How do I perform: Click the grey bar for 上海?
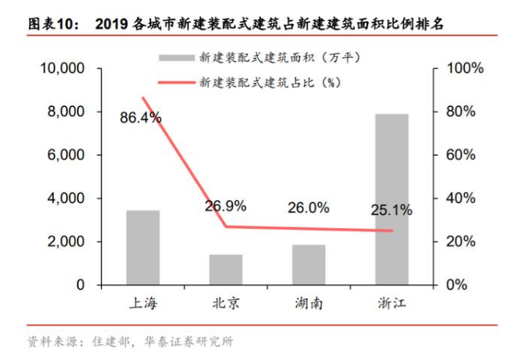(143, 247)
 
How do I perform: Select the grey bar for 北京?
(226, 269)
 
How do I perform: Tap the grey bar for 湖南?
(309, 264)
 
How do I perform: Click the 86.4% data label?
(141, 118)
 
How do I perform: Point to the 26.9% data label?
(226, 206)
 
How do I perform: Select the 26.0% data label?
(308, 207)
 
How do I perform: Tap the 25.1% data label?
(392, 211)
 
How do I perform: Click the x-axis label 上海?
(143, 304)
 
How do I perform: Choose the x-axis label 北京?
(226, 304)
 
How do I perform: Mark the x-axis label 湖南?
(309, 304)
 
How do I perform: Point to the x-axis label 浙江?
(393, 304)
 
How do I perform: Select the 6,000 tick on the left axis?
(67, 155)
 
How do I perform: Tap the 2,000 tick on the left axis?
(67, 242)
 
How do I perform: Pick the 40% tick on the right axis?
(459, 198)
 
